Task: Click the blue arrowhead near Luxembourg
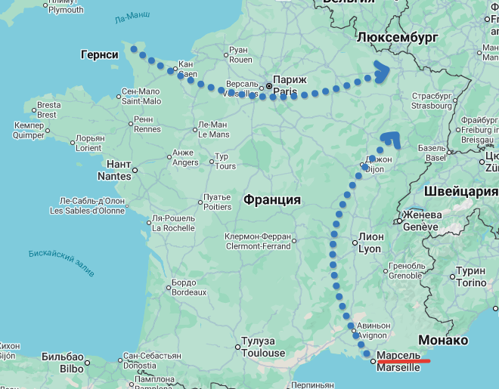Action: coord(383,73)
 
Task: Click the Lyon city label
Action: coord(370,242)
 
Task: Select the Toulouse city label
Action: coord(262,347)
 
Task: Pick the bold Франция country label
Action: coord(272,200)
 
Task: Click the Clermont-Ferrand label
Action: coord(258,241)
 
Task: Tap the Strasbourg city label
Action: coord(432,101)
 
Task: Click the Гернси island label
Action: coord(99,55)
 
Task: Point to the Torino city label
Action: coord(471,277)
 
